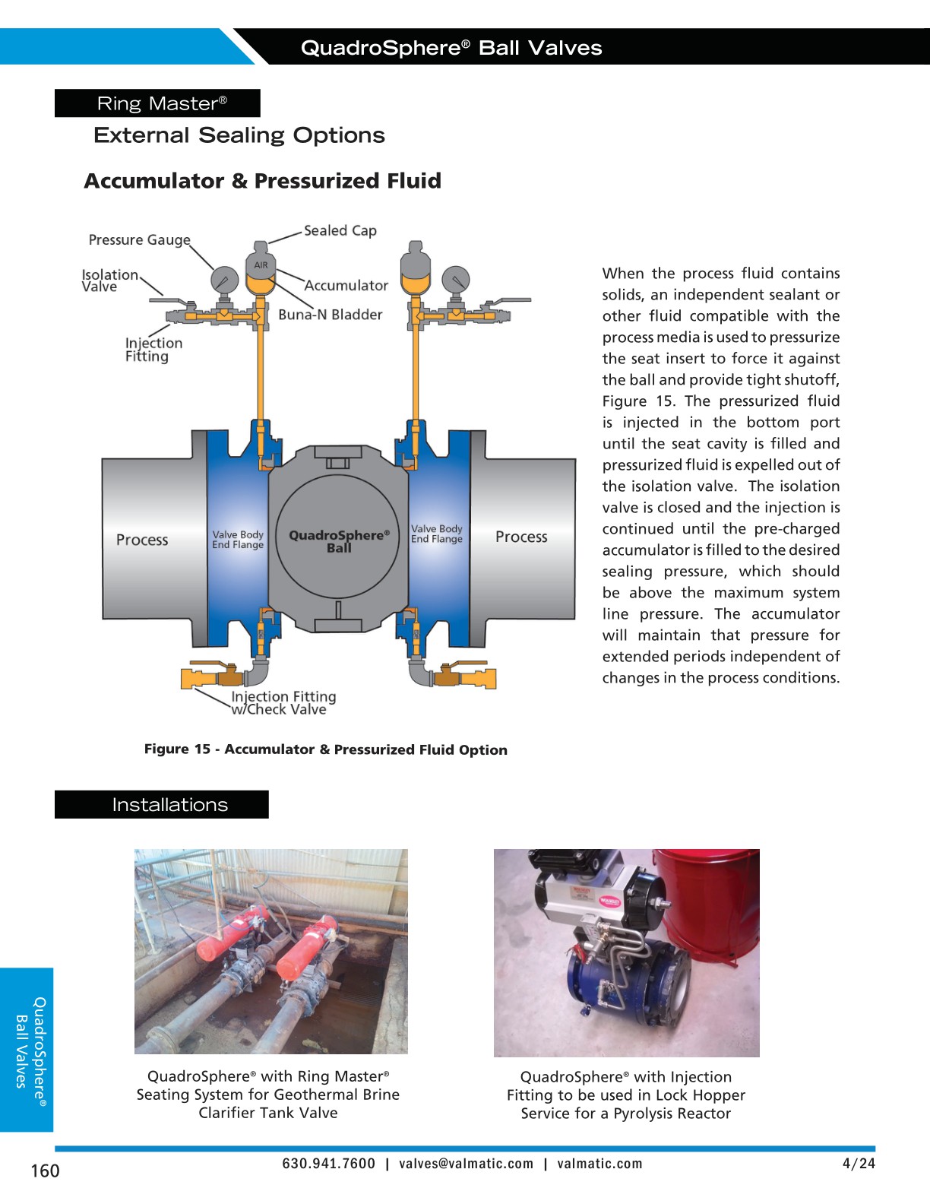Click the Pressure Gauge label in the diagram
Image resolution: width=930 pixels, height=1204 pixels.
139,240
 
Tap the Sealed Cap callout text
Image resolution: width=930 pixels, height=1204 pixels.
340,230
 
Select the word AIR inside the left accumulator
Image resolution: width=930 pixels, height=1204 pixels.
261,265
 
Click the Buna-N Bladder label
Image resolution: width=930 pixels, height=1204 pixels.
330,315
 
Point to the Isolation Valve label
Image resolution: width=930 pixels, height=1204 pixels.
109,280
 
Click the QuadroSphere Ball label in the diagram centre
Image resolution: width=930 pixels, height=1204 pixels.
339,540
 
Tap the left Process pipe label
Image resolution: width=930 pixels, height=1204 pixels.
142,540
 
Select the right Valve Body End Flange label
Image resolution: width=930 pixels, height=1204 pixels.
436,534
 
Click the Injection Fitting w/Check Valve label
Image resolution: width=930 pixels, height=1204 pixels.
283,703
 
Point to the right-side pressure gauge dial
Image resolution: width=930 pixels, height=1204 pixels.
455,280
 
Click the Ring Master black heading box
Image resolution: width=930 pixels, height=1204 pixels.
157,103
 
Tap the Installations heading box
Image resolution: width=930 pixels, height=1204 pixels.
162,804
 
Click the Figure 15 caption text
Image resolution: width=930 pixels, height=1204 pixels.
325,749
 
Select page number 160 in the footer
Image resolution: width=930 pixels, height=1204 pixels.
45,1171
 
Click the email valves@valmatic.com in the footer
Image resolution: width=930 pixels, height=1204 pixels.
466,1164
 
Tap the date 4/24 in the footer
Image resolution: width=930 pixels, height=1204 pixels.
859,1164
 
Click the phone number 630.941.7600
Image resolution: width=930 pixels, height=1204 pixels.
328,1164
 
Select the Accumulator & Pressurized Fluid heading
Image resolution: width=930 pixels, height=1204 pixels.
262,181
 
